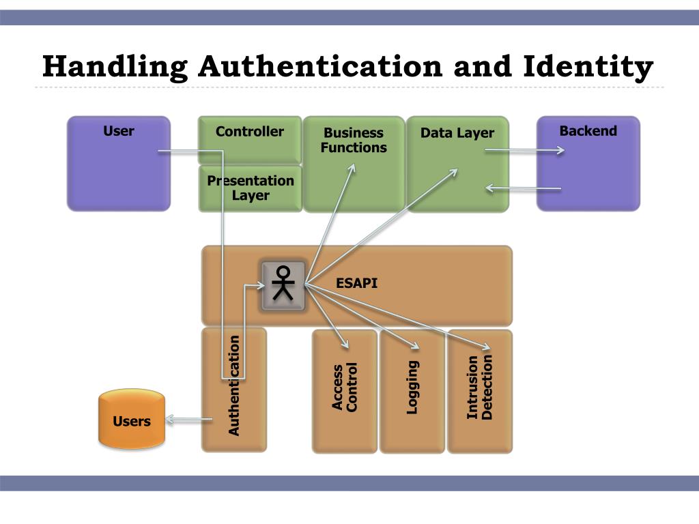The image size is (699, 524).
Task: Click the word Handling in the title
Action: coord(115,67)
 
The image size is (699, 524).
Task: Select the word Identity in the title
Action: coord(588,67)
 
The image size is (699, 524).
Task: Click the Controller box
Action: coord(250,139)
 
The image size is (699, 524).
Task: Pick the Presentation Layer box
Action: coord(251,188)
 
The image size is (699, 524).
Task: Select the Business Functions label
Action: coord(354,140)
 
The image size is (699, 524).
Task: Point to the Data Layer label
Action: coord(457,133)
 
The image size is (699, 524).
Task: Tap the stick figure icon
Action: coord(282,284)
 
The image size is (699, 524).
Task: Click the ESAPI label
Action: coord(356,283)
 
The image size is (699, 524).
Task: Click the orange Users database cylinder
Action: coord(132,419)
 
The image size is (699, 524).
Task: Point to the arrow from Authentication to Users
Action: coord(188,420)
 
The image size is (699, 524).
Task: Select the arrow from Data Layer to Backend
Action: coord(524,151)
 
